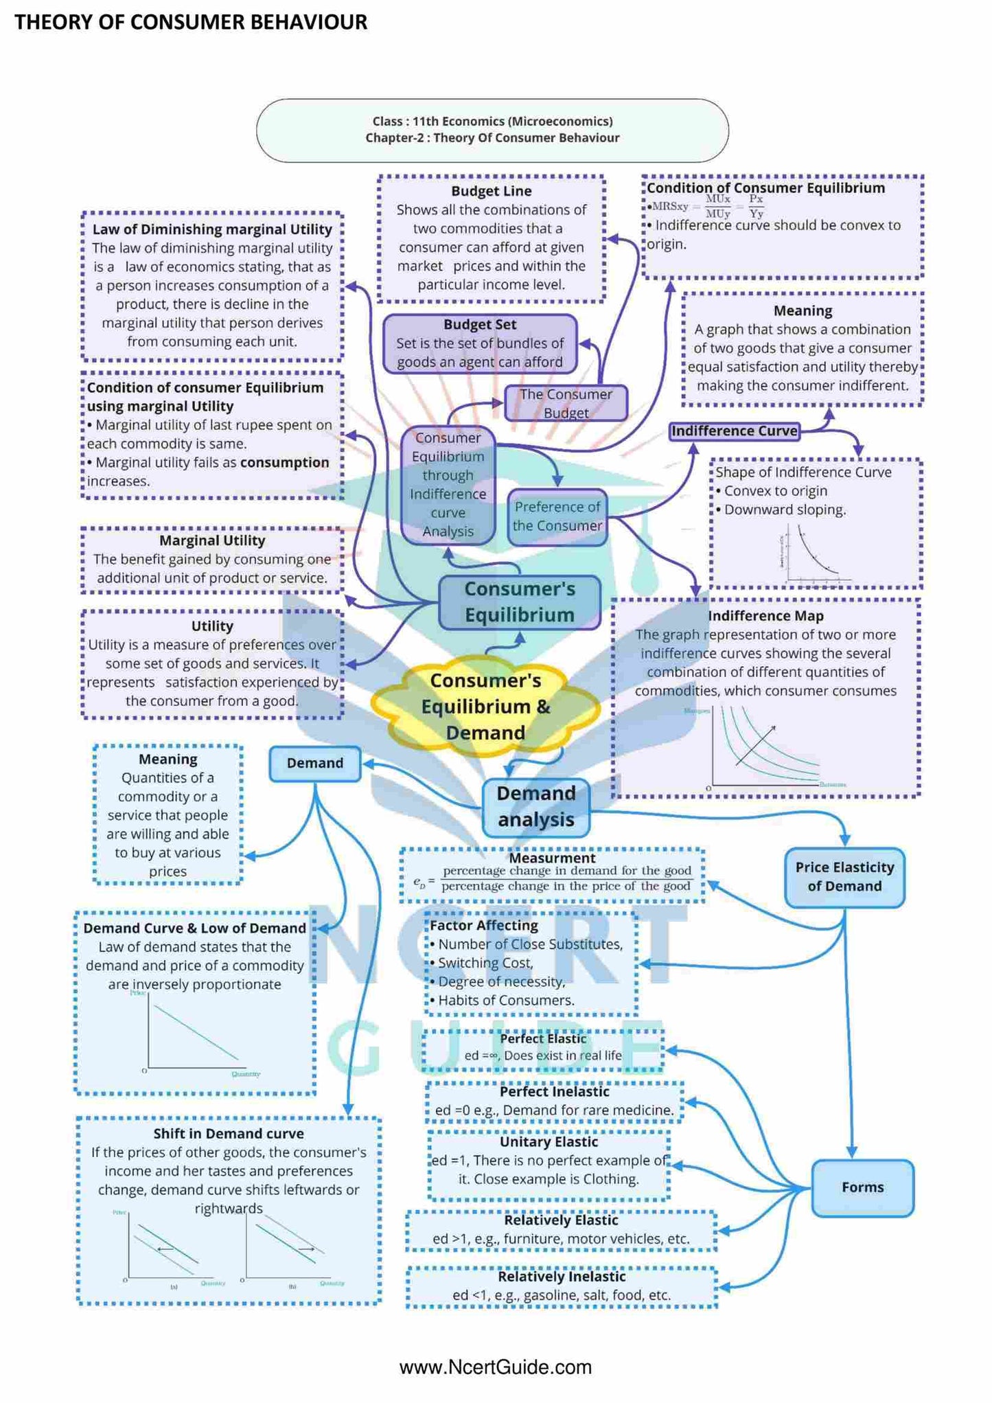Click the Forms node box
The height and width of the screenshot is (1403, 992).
point(862,1187)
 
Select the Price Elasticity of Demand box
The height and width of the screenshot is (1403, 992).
point(844,877)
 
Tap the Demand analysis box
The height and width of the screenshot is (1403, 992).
point(536,807)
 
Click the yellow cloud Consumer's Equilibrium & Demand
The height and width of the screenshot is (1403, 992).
point(485,707)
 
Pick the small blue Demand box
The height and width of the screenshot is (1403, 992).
point(314,764)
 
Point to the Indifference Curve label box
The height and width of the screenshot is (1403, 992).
point(735,431)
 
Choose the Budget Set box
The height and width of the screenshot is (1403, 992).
point(480,343)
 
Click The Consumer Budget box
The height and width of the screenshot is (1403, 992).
point(566,403)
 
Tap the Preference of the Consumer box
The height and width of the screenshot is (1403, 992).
point(557,516)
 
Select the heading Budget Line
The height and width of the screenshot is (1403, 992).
point(492,192)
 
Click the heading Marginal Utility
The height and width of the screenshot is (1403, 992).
point(212,540)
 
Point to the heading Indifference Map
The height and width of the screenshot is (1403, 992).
point(765,616)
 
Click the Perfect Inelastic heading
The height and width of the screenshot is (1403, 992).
point(554,1091)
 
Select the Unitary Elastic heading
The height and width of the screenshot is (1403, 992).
point(549,1141)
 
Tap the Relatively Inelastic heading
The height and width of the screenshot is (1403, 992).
point(562,1276)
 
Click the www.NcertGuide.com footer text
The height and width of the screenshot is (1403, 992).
point(495,1367)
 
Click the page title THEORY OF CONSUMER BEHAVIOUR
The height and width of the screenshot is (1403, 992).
point(191,23)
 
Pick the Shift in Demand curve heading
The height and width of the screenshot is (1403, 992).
point(228,1133)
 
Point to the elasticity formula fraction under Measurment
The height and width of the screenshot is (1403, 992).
point(566,878)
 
